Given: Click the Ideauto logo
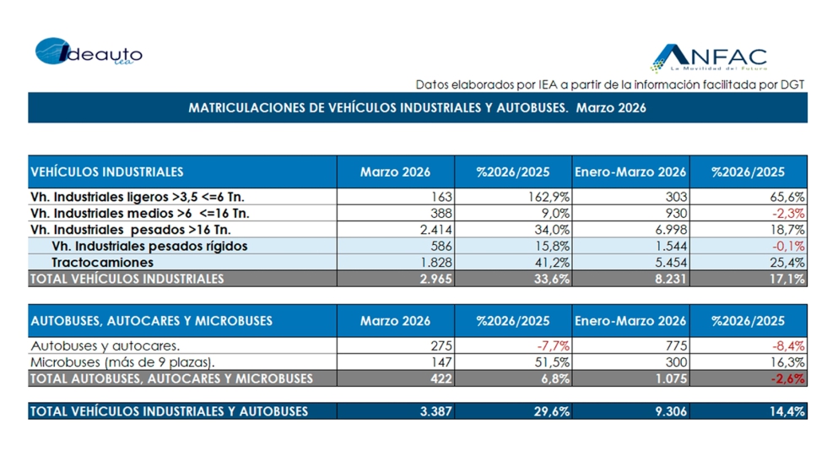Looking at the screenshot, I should [x=88, y=53].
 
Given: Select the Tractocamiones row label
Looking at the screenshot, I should [x=102, y=263].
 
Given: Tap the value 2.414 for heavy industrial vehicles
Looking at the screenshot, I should [x=434, y=230].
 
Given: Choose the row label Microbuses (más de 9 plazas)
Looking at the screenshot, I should [x=122, y=362].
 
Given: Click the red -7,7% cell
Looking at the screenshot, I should [x=554, y=345].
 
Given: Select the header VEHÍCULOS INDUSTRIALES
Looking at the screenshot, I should [x=107, y=172].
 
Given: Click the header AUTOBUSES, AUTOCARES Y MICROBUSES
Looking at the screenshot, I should [x=151, y=321].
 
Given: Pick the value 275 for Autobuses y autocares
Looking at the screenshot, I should [x=441, y=345].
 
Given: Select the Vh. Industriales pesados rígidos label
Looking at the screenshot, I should [x=149, y=246].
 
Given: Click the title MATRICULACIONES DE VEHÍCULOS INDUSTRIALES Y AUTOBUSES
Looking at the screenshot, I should [x=417, y=108].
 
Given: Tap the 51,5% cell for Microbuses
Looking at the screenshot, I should [x=554, y=362].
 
